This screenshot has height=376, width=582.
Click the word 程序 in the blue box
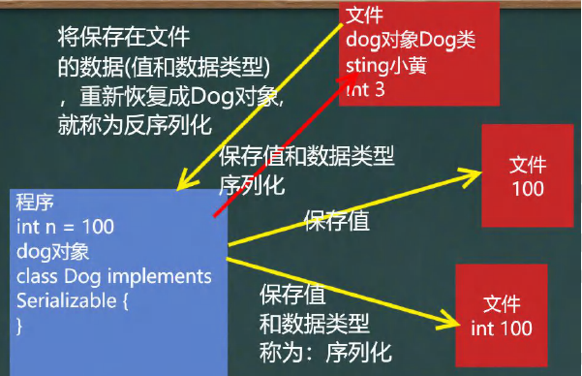(35, 203)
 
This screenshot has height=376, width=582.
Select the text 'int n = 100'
(65, 227)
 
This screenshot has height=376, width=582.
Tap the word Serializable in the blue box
(67, 300)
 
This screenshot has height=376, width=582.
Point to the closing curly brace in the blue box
(19, 327)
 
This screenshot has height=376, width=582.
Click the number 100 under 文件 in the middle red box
(528, 189)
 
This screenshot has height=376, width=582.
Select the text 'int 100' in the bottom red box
(502, 329)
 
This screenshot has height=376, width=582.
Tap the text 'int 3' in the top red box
(365, 89)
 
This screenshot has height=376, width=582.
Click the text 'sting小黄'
(386, 66)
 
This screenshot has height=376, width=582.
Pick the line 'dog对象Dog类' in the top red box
(411, 40)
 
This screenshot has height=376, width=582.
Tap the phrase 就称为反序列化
(135, 125)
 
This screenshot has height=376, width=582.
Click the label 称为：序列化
(325, 353)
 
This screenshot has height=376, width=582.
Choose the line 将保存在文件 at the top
(124, 37)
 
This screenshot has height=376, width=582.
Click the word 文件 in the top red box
(364, 16)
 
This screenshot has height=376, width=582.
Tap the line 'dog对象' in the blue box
(52, 252)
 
